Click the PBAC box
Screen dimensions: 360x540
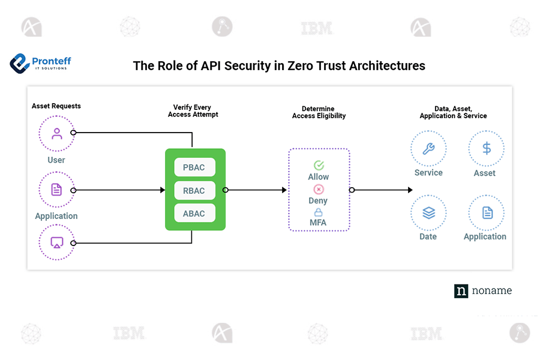(194, 167)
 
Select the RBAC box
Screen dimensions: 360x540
(194, 191)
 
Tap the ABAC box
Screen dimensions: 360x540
(194, 214)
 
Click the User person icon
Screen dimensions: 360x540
(56, 133)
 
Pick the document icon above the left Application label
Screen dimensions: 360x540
(56, 190)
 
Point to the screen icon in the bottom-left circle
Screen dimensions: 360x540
(56, 242)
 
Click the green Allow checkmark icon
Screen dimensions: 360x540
(319, 165)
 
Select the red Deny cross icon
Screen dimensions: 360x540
(319, 190)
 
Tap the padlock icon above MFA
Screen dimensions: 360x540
(319, 212)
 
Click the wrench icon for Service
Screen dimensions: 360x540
(428, 149)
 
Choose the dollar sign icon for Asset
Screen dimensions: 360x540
(486, 148)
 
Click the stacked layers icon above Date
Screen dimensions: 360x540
(428, 213)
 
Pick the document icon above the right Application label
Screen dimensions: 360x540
(487, 213)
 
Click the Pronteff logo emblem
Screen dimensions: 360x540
(20, 62)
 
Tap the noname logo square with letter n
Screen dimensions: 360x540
(461, 291)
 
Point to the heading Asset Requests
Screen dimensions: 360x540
(56, 106)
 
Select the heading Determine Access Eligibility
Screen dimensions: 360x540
(319, 112)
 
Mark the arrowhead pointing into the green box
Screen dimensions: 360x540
(162, 190)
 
